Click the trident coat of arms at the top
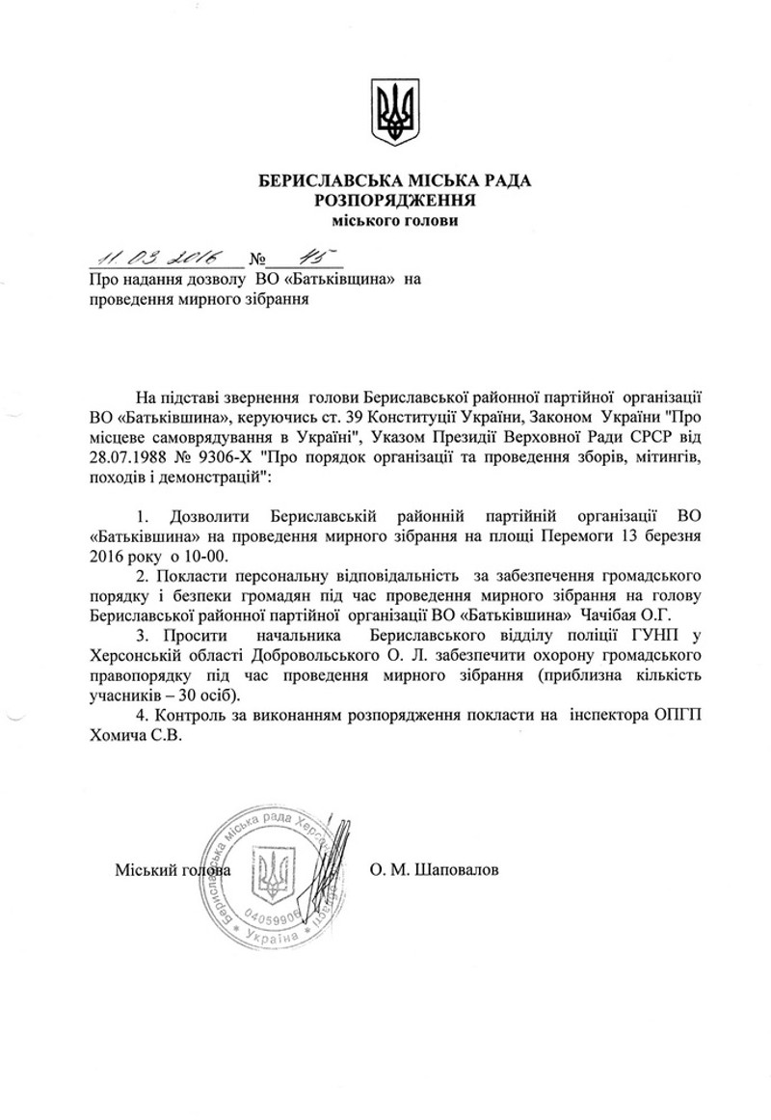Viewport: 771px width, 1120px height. [395, 112]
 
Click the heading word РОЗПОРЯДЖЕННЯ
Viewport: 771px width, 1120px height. [396, 201]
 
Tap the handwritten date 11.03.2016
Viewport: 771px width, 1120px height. [154, 256]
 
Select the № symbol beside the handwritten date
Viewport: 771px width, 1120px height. [257, 260]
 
